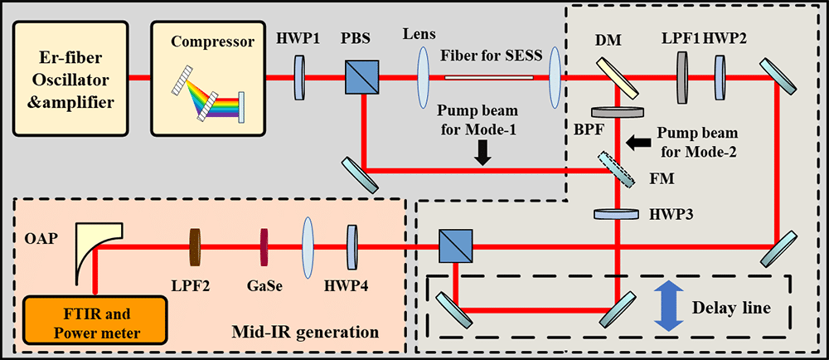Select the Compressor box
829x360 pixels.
pyautogui.click(x=211, y=79)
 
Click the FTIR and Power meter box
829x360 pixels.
pyautogui.click(x=95, y=317)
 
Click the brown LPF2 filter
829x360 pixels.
pyautogui.click(x=196, y=246)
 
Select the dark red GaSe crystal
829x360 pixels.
pyautogui.click(x=264, y=246)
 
